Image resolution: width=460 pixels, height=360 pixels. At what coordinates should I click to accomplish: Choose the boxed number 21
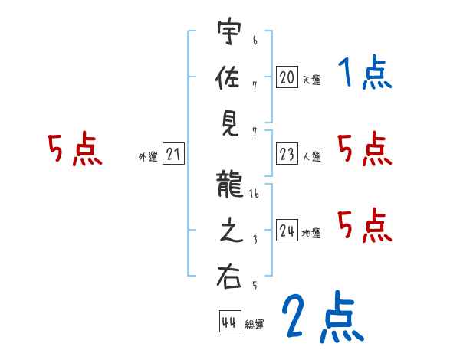click(x=173, y=155)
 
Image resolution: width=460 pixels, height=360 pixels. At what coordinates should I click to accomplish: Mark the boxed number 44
click(x=229, y=322)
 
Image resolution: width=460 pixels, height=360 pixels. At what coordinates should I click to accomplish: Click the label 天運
click(x=311, y=80)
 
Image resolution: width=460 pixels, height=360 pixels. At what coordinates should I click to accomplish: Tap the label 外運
click(x=147, y=158)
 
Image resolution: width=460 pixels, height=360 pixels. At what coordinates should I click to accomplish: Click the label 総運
click(x=255, y=325)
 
